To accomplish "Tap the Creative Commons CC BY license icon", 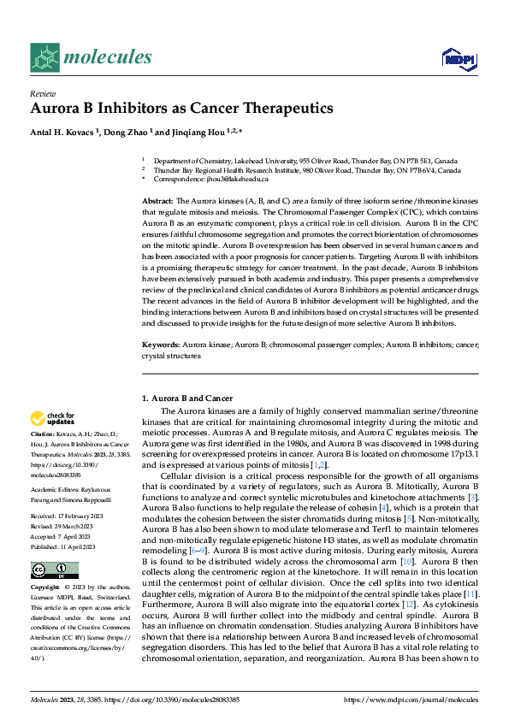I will (50, 570).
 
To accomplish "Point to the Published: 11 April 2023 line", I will (64, 545).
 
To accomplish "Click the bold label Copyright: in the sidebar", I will (47, 589).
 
